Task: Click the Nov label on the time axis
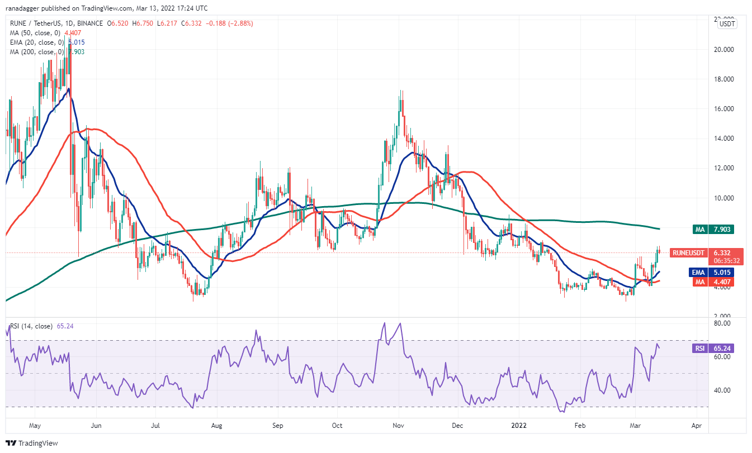click(398, 426)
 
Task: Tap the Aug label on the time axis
click(217, 426)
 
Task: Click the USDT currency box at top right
click(727, 23)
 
